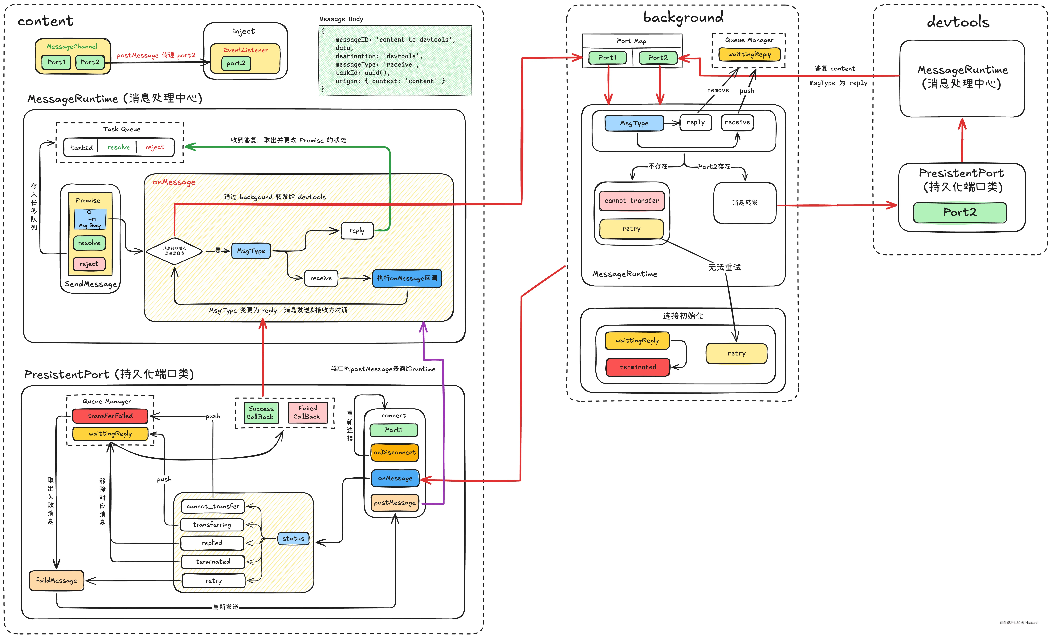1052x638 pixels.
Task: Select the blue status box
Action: click(293, 539)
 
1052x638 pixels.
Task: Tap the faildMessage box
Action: click(56, 580)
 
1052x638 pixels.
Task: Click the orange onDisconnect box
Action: click(394, 452)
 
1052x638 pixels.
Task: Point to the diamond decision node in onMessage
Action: click(174, 251)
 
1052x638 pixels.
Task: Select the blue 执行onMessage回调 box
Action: click(407, 278)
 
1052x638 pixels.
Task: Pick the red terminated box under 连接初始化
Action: click(638, 367)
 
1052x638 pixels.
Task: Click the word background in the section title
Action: click(683, 18)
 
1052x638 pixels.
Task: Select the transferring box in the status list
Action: click(212, 524)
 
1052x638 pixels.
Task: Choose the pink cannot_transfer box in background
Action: click(632, 201)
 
